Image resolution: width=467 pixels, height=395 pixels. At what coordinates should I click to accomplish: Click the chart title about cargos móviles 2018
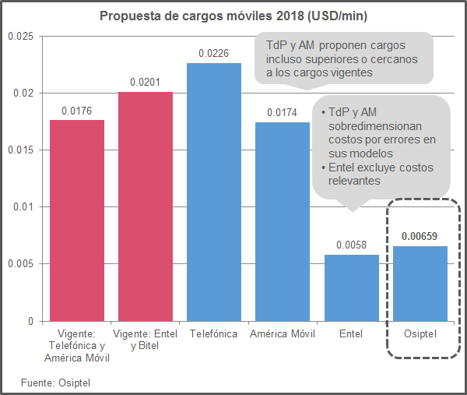[233, 16]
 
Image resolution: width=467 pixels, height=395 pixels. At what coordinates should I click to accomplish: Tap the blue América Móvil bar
[283, 221]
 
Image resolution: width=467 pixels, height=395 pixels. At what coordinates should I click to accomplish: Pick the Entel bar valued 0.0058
[351, 287]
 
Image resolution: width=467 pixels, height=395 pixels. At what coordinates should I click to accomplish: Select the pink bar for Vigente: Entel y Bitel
[146, 206]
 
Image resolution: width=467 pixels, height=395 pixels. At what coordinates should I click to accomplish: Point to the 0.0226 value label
[214, 53]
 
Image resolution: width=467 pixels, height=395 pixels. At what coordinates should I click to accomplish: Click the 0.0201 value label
[146, 82]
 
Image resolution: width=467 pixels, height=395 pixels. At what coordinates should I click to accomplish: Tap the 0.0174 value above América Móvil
[283, 112]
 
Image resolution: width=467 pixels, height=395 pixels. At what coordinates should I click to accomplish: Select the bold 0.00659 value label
[420, 235]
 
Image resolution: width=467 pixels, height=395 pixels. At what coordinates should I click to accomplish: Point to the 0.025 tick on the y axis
[19, 37]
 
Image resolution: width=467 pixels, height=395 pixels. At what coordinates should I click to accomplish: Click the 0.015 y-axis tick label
[19, 150]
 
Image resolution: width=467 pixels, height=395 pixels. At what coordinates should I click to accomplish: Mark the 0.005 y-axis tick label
[19, 264]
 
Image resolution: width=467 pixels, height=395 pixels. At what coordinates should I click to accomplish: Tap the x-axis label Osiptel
[420, 333]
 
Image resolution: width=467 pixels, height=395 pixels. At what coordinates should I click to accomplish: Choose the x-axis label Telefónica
[214, 333]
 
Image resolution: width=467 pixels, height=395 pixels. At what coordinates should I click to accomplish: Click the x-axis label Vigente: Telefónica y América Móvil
[77, 345]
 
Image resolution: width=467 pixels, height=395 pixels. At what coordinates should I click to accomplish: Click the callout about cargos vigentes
[342, 59]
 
